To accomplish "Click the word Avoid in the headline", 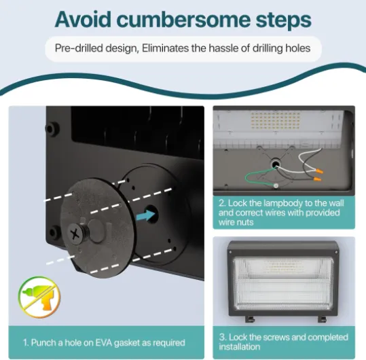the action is click(83, 19).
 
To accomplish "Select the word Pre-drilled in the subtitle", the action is click(79, 48).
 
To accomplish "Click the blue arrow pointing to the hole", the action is click(145, 215).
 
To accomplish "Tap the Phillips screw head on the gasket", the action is click(75, 234).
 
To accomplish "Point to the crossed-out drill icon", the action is click(39, 297).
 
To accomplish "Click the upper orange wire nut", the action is click(318, 172).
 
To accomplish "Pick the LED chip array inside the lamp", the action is click(276, 120).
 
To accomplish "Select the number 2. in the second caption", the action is click(223, 203).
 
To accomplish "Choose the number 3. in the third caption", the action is click(223, 338).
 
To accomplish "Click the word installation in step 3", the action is click(239, 347).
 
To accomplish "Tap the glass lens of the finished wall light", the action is click(283, 283).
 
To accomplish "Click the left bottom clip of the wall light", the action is click(250, 319).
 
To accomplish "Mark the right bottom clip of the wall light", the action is click(322, 319).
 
